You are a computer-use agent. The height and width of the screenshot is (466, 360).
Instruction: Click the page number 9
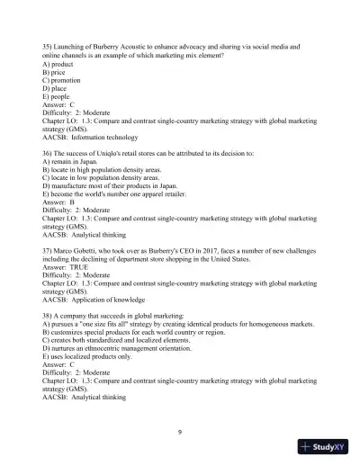coord(180,434)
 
